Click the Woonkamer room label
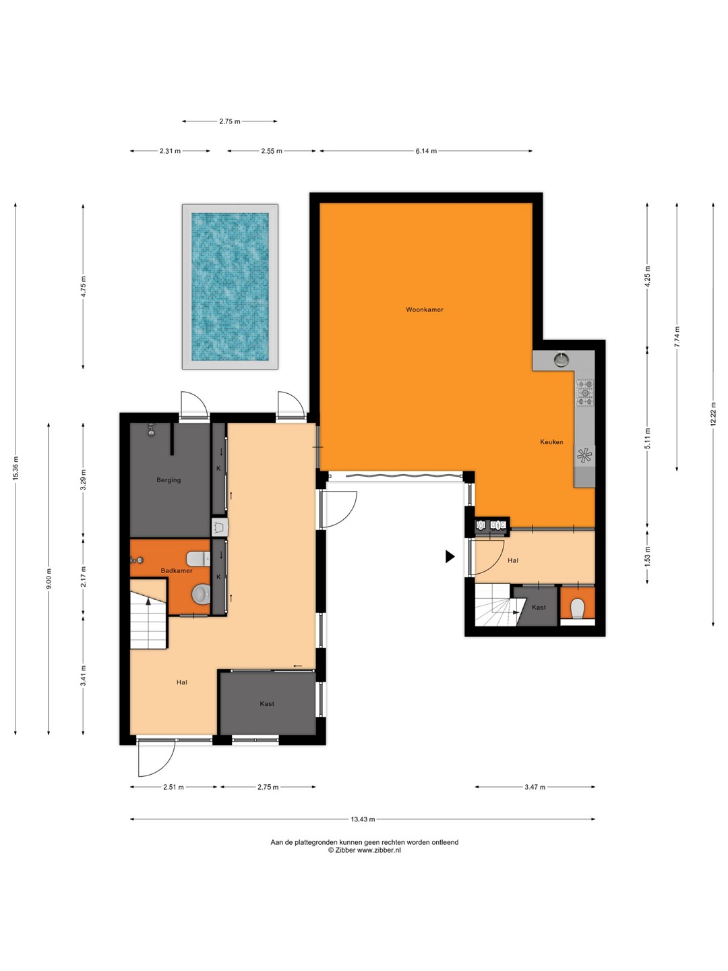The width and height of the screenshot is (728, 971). click(x=425, y=310)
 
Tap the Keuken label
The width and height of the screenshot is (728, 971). click(x=551, y=442)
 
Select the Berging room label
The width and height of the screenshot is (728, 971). click(x=169, y=480)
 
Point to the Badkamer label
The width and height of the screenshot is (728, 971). click(x=177, y=570)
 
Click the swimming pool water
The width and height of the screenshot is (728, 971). click(x=230, y=287)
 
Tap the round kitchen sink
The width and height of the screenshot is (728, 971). click(x=561, y=359)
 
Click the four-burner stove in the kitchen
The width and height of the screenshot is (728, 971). click(x=584, y=392)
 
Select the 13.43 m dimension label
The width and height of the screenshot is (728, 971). click(x=363, y=819)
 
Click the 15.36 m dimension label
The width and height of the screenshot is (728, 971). click(x=16, y=468)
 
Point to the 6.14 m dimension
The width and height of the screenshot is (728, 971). click(x=426, y=151)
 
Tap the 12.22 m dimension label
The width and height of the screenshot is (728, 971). click(x=712, y=414)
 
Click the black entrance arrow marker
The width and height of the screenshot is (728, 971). click(x=450, y=556)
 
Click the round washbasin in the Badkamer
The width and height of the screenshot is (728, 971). click(x=201, y=595)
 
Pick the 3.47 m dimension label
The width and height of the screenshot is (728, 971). click(x=535, y=787)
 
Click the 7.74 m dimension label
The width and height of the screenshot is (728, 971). click(x=677, y=337)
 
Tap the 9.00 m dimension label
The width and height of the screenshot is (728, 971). click(x=49, y=578)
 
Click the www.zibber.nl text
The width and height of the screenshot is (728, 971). click(x=379, y=850)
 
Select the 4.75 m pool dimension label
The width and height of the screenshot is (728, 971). click(x=83, y=287)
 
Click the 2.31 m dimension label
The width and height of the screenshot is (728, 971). click(x=170, y=151)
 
